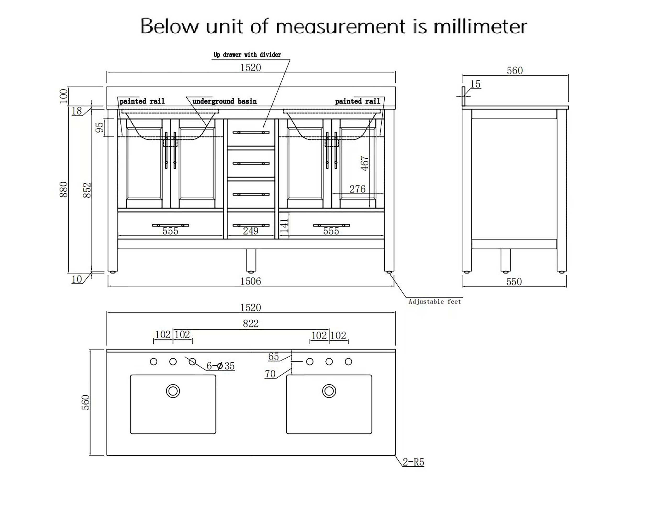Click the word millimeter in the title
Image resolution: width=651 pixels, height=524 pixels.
click(480, 26)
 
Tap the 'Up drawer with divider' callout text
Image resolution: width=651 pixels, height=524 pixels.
click(247, 55)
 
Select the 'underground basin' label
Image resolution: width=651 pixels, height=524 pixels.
click(225, 101)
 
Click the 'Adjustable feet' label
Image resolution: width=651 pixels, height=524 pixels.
click(435, 302)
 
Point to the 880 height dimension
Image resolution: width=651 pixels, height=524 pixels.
click(64, 189)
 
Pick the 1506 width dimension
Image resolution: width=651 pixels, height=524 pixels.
click(251, 281)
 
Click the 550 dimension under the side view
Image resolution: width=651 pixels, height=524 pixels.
click(514, 282)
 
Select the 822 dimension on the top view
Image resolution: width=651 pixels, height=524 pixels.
click(251, 324)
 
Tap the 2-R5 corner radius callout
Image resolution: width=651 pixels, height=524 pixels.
click(413, 462)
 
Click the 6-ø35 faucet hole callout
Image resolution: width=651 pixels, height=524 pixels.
click(220, 366)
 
